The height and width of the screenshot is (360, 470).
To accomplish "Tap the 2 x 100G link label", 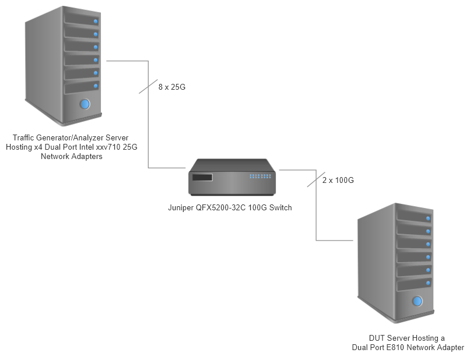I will (x=338, y=181).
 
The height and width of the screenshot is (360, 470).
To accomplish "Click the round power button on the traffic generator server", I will (x=85, y=104).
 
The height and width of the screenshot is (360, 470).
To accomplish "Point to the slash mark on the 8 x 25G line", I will (x=148, y=87).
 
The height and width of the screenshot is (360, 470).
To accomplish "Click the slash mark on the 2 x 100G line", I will (x=315, y=180).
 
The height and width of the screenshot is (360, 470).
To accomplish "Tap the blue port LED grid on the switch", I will (x=260, y=176).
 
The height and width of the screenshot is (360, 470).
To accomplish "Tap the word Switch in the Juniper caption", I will (x=280, y=207).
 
